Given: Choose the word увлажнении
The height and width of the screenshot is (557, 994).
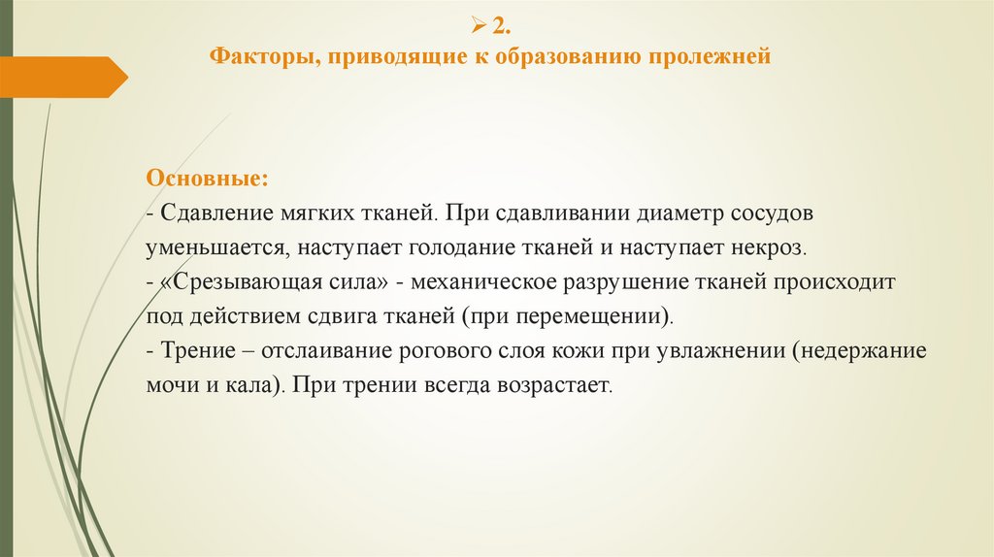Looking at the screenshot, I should click(x=717, y=350).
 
